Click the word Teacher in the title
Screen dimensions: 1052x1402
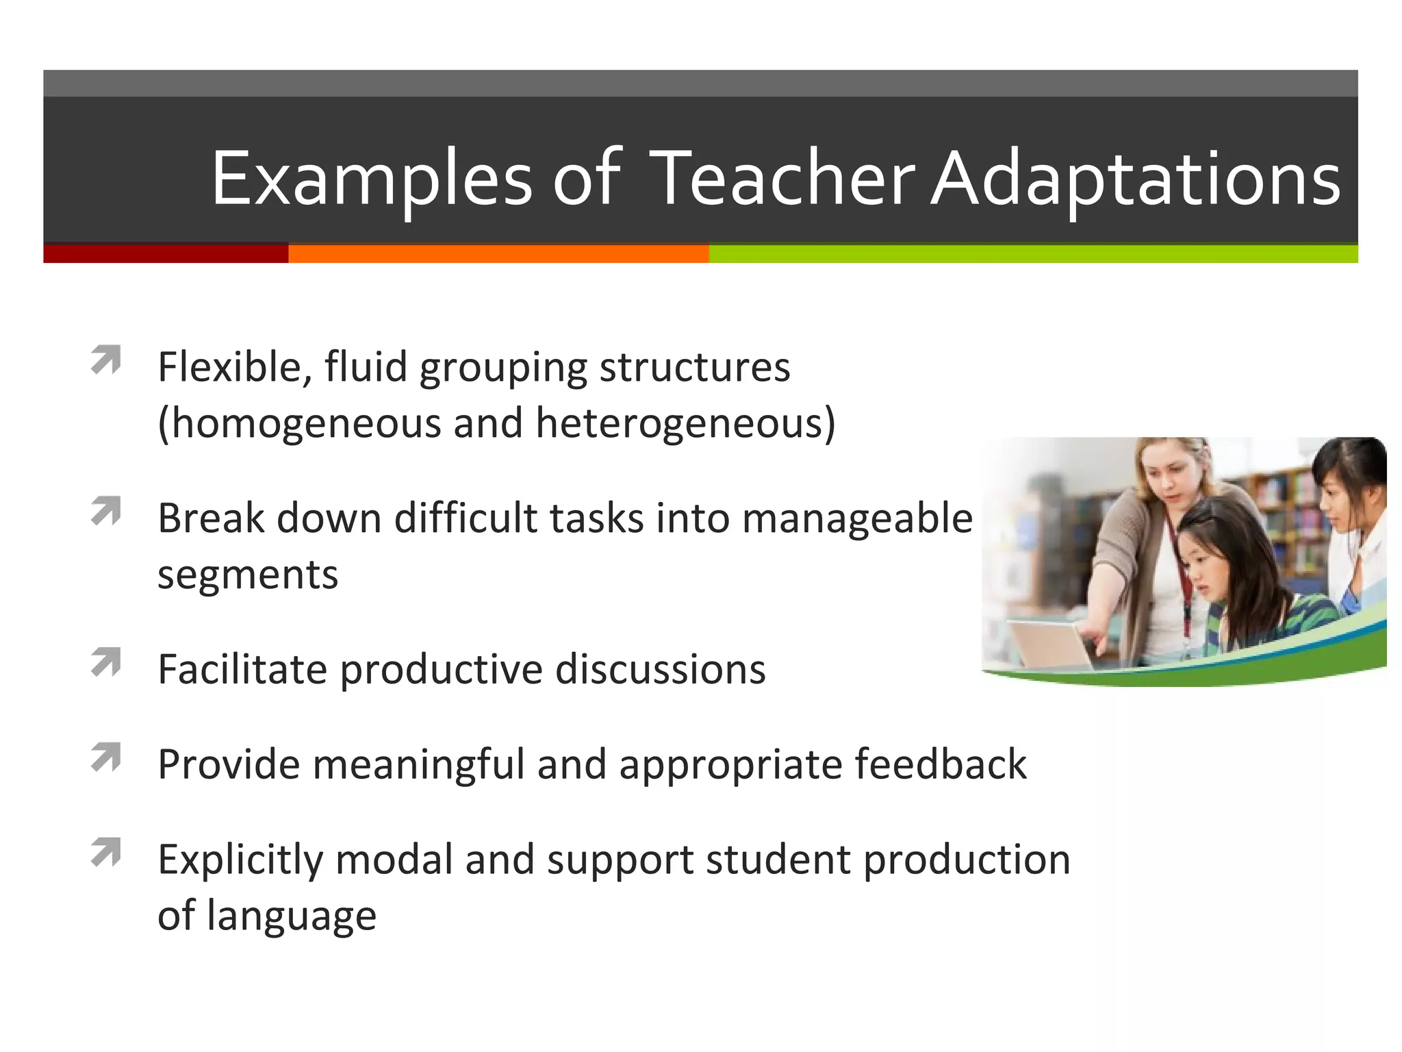tap(782, 179)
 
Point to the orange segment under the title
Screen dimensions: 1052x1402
tap(498, 254)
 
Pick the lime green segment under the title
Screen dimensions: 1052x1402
tap(1032, 254)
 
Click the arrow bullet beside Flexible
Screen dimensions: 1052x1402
tap(106, 360)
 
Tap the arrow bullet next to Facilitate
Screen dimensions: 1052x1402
tap(106, 662)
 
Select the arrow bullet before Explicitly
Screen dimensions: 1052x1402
tap(106, 853)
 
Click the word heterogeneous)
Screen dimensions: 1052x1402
tap(685, 424)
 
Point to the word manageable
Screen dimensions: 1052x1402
tap(857, 518)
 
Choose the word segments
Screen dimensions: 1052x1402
tap(248, 575)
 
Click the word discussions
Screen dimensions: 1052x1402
tap(660, 670)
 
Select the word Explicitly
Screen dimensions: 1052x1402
tap(240, 861)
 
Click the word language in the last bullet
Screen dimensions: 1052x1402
tap(291, 916)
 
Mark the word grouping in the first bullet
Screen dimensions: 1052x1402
tap(503, 368)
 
